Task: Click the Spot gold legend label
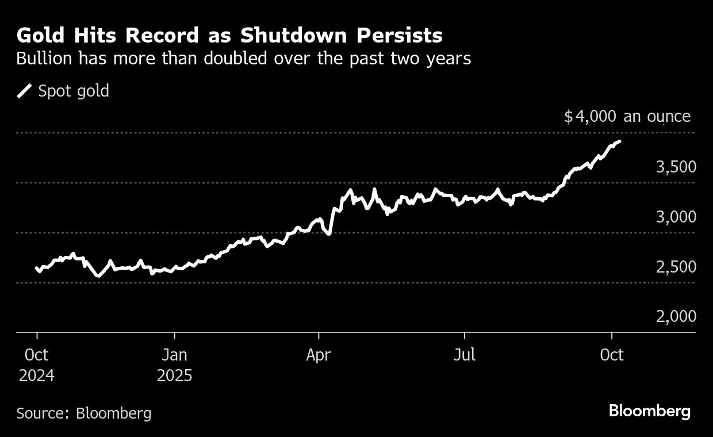click(73, 91)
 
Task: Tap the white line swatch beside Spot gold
click(25, 91)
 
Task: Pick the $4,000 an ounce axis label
click(627, 117)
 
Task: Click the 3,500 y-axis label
click(676, 167)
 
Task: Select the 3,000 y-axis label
click(676, 217)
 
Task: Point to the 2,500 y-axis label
click(676, 267)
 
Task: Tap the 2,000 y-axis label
click(676, 317)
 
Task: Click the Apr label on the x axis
click(318, 355)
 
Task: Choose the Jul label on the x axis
click(464, 355)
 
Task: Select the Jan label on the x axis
click(174, 355)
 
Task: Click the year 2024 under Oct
click(36, 376)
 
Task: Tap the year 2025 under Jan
click(174, 376)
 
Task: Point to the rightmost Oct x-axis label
click(611, 355)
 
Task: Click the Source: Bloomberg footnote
click(84, 413)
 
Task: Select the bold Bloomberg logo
click(649, 411)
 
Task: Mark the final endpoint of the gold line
click(619, 141)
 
